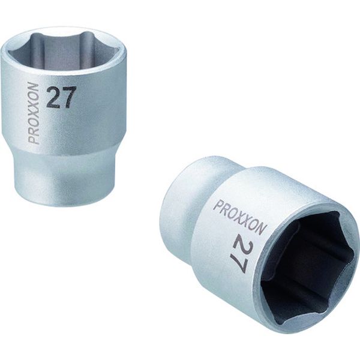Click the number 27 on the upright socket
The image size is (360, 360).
[x=61, y=98]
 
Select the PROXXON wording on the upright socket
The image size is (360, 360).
[x=34, y=114]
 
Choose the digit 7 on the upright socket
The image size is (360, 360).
[x=69, y=97]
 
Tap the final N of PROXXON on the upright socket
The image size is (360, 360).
[x=34, y=89]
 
